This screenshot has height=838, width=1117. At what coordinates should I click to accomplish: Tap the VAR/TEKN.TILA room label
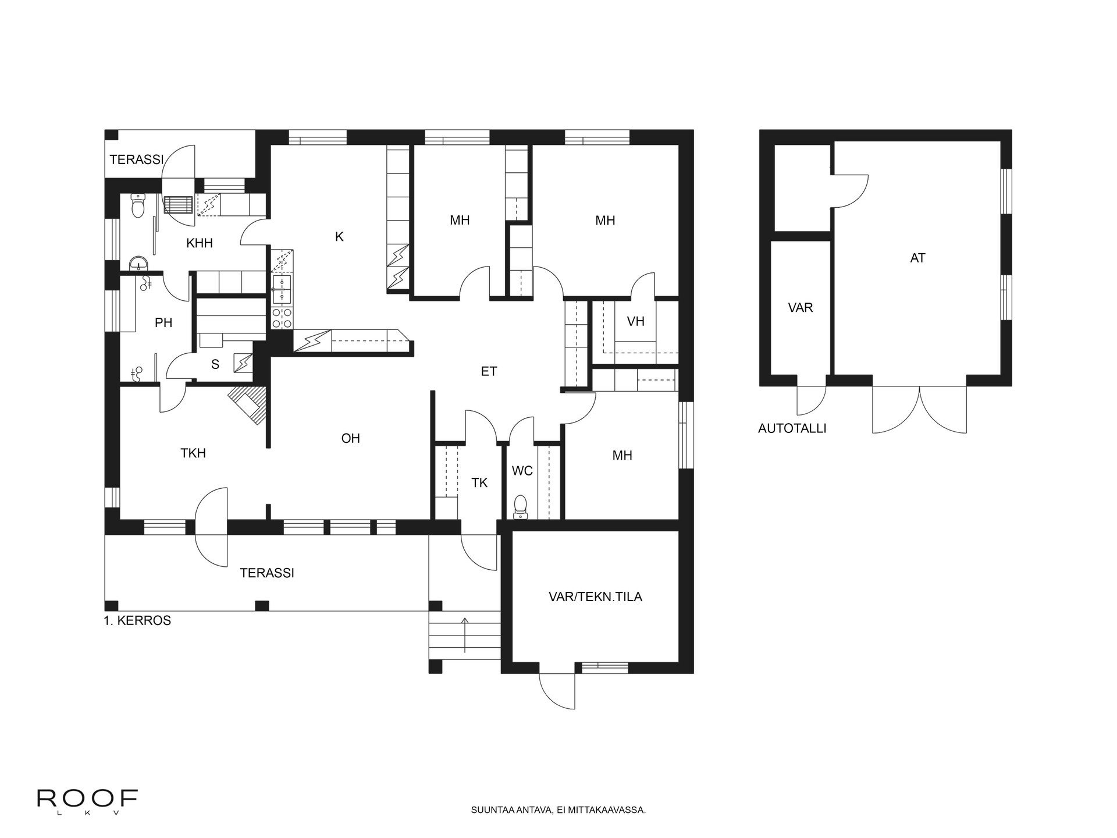pyautogui.click(x=595, y=597)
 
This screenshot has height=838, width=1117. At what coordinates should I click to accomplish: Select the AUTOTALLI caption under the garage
pyautogui.click(x=792, y=429)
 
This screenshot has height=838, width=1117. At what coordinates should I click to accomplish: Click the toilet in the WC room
pyautogui.click(x=521, y=506)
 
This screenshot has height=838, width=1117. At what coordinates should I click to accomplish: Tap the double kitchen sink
pyautogui.click(x=283, y=289)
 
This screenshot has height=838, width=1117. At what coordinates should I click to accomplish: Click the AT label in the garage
pyautogui.click(x=917, y=258)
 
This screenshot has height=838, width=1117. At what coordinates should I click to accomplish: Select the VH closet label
pyautogui.click(x=636, y=321)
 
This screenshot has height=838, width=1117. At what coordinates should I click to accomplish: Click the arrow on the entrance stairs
pyautogui.click(x=464, y=634)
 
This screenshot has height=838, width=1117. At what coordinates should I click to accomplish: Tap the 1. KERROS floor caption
pyautogui.click(x=137, y=620)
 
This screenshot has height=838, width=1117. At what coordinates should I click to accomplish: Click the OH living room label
pyautogui.click(x=350, y=438)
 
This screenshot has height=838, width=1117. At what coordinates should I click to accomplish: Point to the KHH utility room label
pyautogui.click(x=199, y=243)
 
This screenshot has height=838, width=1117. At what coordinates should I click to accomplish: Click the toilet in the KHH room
pyautogui.click(x=138, y=205)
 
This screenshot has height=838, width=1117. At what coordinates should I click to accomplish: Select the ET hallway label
pyautogui.click(x=489, y=371)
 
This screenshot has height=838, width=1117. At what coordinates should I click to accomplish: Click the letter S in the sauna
pyautogui.click(x=215, y=365)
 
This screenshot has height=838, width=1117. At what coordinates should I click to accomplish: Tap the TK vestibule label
pyautogui.click(x=479, y=482)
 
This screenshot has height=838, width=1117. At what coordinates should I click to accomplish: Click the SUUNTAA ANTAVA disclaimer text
pyautogui.click(x=558, y=809)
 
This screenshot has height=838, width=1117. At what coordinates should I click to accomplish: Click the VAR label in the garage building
pyautogui.click(x=801, y=308)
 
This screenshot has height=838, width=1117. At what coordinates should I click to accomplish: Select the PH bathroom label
pyautogui.click(x=163, y=322)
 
